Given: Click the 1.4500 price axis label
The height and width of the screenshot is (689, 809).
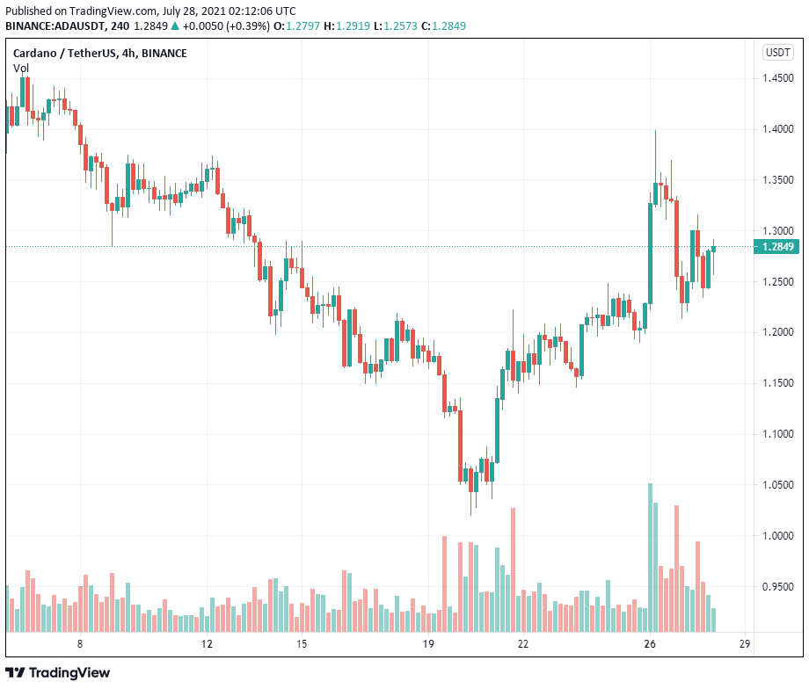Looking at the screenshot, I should coord(779,78).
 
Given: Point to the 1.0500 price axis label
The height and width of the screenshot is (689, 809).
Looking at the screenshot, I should coord(779,485).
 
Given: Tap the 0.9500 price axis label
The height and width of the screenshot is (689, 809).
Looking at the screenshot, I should coord(779,586).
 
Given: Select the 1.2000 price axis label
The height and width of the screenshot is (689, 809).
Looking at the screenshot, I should coord(779,332).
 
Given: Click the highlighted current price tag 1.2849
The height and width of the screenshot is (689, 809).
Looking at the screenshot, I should coord(778,247).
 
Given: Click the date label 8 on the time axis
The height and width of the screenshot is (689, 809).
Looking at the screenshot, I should coord(80,644).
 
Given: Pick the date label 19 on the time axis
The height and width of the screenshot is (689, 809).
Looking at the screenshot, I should coord(428,644).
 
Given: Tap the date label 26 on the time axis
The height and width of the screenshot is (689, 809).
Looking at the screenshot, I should coord(650,644).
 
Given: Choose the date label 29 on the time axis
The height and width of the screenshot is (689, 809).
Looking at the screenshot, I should coord(744,644).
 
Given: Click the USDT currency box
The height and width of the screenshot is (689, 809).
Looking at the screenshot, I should coord(778,53).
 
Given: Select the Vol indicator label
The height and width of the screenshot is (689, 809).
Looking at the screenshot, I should coord(20,68).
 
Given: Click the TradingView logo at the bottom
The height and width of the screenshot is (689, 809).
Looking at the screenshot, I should coord(59,672).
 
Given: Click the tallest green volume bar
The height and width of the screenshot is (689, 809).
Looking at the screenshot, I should coord(650,557).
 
